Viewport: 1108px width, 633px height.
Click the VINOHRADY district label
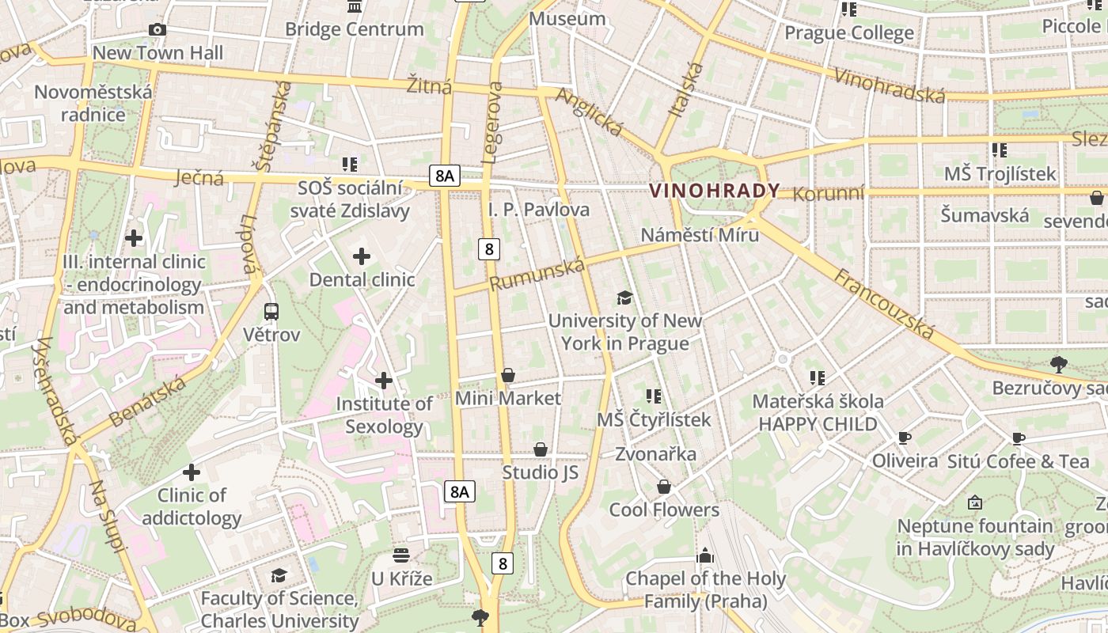click(x=714, y=191)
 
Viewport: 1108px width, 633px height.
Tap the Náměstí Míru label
click(x=700, y=235)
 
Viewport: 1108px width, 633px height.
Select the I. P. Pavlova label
click(x=539, y=210)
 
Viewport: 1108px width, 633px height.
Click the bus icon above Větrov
click(x=271, y=312)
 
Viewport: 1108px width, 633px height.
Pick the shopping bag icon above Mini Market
click(x=508, y=375)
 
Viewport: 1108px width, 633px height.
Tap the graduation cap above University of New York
click(x=625, y=298)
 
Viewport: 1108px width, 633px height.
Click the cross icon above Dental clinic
click(x=362, y=256)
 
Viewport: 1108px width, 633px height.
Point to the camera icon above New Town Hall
click(x=157, y=30)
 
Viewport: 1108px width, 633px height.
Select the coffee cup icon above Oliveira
click(x=905, y=438)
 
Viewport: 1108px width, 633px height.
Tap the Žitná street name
click(x=429, y=85)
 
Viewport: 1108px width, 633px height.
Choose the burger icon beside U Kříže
click(x=401, y=555)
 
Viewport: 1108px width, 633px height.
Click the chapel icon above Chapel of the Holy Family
click(x=705, y=555)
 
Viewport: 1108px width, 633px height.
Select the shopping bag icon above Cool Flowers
click(x=664, y=487)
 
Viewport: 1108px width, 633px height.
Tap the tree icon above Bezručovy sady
click(x=1059, y=365)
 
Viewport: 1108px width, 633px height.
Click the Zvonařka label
click(x=655, y=454)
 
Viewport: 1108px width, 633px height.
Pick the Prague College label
click(x=848, y=33)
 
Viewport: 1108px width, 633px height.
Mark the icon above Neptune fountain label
click(x=975, y=502)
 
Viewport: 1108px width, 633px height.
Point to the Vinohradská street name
click(x=890, y=85)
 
